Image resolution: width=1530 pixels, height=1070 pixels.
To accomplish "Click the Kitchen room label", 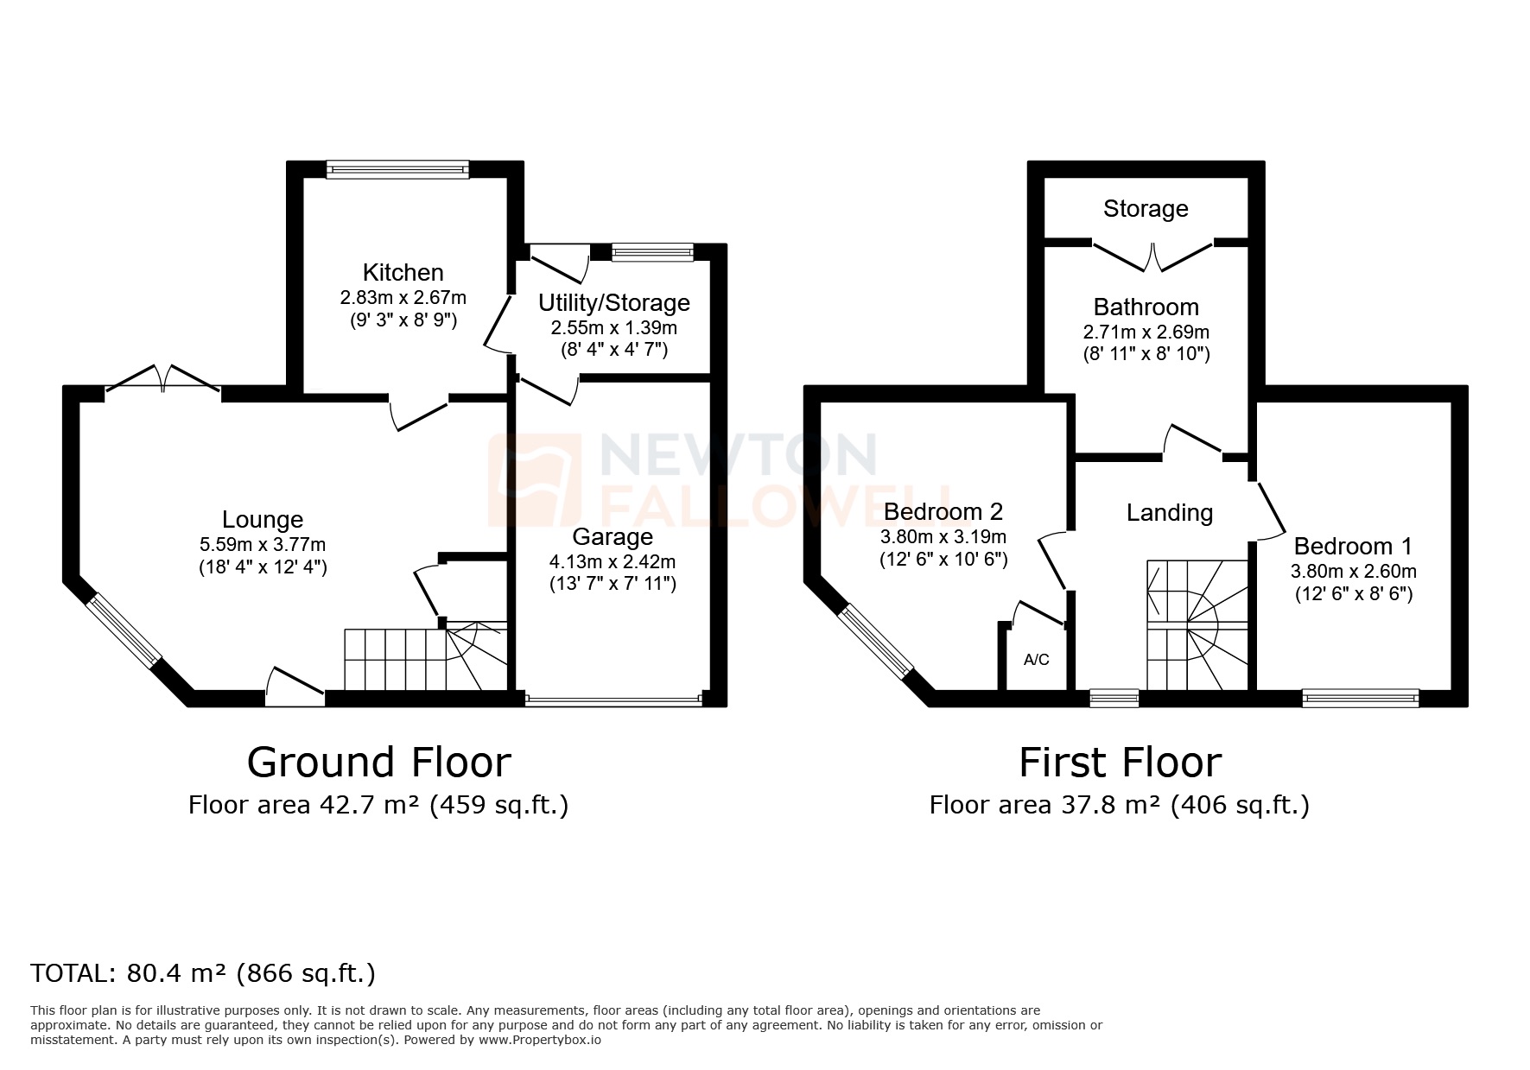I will pyautogui.click(x=403, y=273).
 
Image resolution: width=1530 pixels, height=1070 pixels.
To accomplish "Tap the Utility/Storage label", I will pyautogui.click(x=613, y=303).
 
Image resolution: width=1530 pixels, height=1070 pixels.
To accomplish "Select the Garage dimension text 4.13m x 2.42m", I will pyautogui.click(x=612, y=562).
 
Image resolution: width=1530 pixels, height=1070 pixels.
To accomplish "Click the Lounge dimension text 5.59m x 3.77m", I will pyautogui.click(x=262, y=545).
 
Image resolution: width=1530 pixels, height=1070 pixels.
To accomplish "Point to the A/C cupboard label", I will pyautogui.click(x=1036, y=661).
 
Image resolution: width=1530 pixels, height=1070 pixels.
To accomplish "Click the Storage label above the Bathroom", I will pyautogui.click(x=1146, y=209).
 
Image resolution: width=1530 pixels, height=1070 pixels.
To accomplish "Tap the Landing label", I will pyautogui.click(x=1169, y=513).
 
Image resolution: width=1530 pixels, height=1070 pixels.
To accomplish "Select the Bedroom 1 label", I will pyautogui.click(x=1352, y=547).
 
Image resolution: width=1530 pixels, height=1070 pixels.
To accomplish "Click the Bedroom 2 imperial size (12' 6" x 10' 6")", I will pyautogui.click(x=943, y=559).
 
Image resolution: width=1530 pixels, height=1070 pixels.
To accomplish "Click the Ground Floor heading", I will pyautogui.click(x=378, y=763).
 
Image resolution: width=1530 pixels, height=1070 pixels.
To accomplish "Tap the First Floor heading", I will pyautogui.click(x=1120, y=763).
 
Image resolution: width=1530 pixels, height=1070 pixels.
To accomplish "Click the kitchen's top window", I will pyautogui.click(x=397, y=170).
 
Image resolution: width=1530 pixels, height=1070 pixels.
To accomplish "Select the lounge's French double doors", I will pyautogui.click(x=162, y=381).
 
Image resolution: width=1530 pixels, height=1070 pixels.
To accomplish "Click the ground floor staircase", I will pyautogui.click(x=423, y=660).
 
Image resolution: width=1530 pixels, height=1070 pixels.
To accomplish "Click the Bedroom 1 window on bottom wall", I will pyautogui.click(x=1360, y=698).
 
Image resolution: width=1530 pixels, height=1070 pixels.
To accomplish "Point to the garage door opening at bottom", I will pyautogui.click(x=613, y=700).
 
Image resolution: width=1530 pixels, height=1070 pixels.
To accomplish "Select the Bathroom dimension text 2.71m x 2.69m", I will pyautogui.click(x=1146, y=332).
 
